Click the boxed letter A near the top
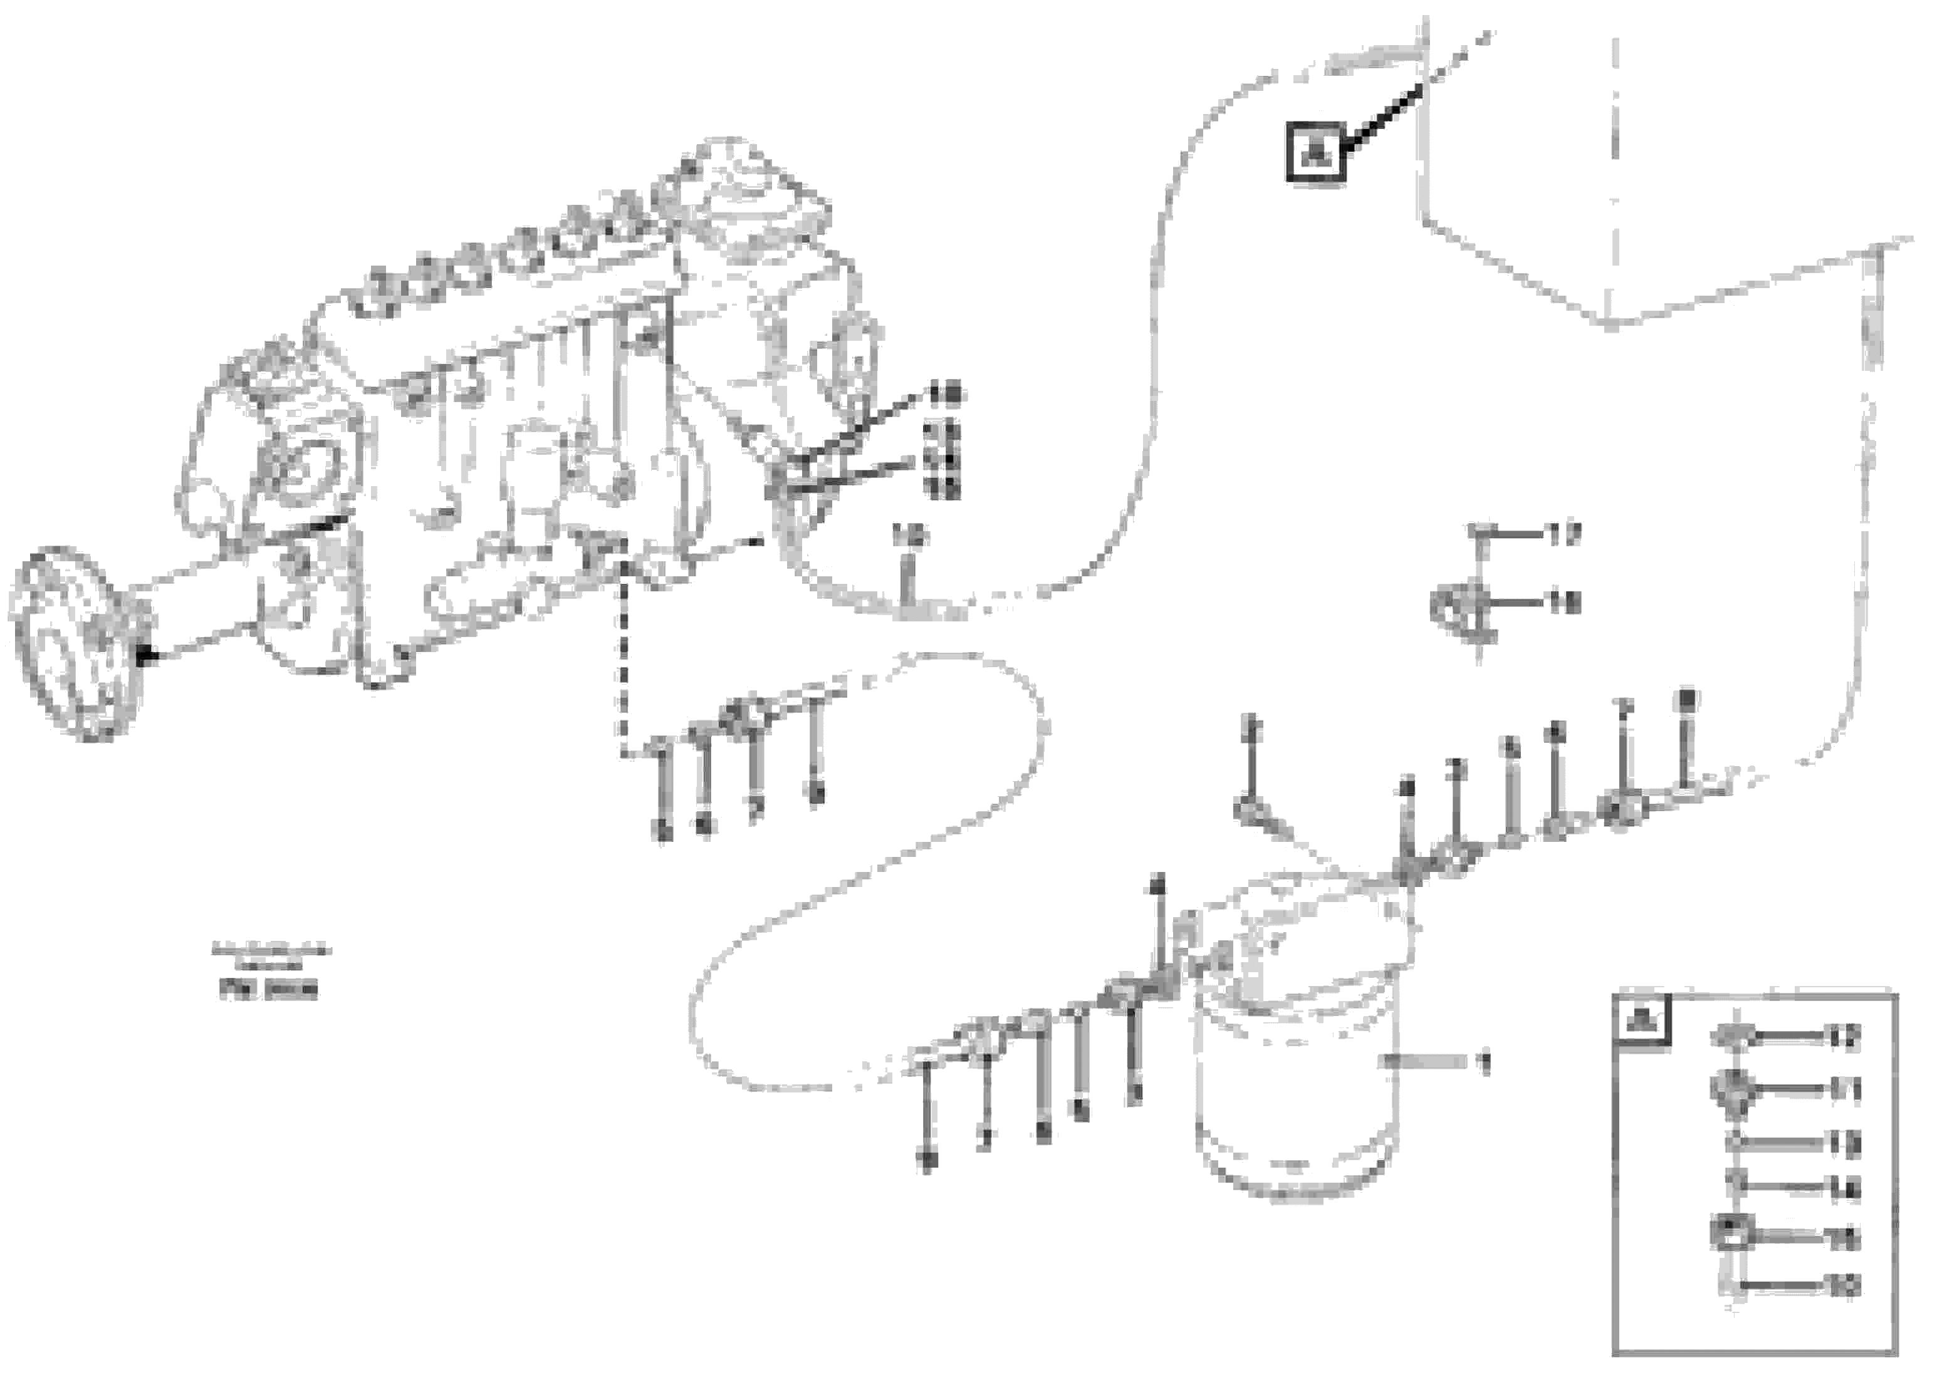[x=1315, y=152]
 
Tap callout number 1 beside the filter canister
[x=1485, y=1062]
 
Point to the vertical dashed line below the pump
[x=624, y=663]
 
